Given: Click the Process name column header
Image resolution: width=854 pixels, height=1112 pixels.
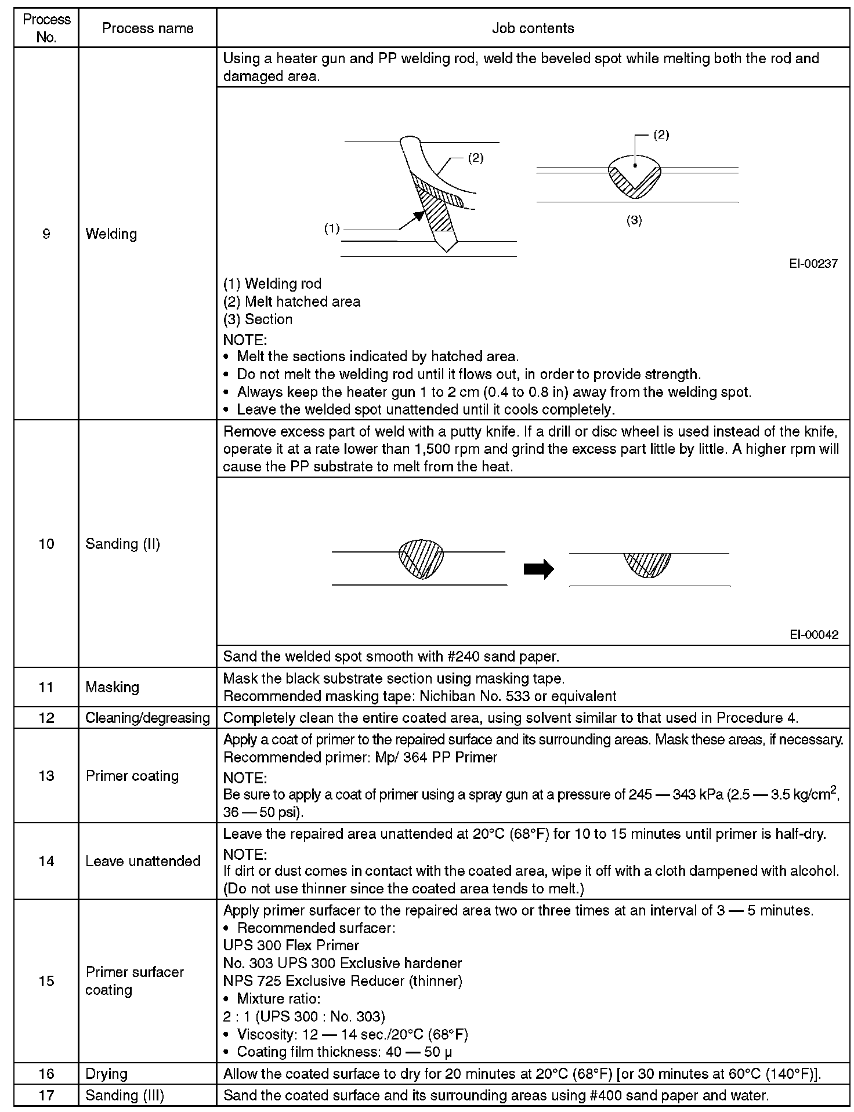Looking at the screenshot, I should point(147,28).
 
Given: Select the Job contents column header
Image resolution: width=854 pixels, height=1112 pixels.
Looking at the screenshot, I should point(533,28).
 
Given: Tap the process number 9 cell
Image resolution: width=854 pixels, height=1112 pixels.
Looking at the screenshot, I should point(46,234).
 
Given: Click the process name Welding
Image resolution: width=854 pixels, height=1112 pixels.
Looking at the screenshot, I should point(111,234).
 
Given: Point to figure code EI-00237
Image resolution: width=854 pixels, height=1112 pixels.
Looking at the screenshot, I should point(813,264).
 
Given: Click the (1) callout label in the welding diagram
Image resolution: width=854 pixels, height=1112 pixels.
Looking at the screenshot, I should point(331,229).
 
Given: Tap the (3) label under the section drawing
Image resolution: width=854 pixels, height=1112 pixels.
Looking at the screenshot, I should point(634,220).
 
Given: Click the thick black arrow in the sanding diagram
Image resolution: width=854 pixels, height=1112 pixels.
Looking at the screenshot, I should point(538,569).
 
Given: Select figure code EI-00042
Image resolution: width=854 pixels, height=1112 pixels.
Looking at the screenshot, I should point(813,634).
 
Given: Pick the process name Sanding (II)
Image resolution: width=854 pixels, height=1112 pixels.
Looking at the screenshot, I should point(122,544).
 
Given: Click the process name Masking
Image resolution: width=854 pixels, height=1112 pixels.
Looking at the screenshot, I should point(112,687).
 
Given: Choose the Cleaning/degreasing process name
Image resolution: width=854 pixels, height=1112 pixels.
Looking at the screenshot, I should point(147,718).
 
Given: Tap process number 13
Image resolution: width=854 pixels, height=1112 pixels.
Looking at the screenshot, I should point(46,776).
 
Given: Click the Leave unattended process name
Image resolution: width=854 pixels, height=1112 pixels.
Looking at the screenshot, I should point(143,861).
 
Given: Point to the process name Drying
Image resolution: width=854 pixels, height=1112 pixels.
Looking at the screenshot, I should point(106,1074).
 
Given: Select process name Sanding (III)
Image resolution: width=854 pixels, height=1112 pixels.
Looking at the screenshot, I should point(124,1096).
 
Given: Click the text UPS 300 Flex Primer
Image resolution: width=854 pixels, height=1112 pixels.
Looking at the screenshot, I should point(291,946).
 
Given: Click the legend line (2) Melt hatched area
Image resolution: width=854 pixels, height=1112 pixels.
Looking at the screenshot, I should point(291,301).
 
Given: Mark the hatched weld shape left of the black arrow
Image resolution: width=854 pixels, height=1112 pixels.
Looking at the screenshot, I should point(421,559).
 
